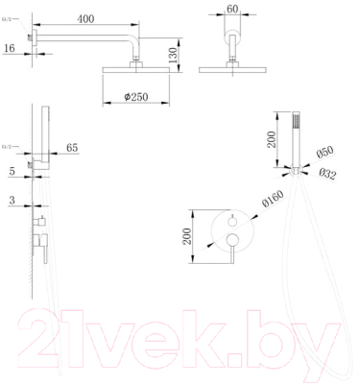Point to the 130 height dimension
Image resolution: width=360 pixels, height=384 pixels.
point(171,53)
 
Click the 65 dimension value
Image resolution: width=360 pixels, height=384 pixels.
point(72,149)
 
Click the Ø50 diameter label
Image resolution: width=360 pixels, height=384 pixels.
point(324,153)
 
